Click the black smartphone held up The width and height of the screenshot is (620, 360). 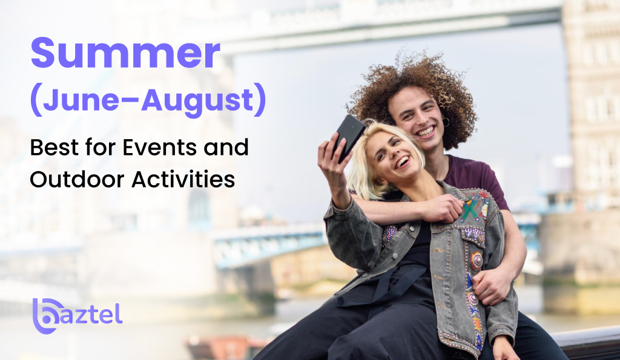(x=350, y=136)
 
